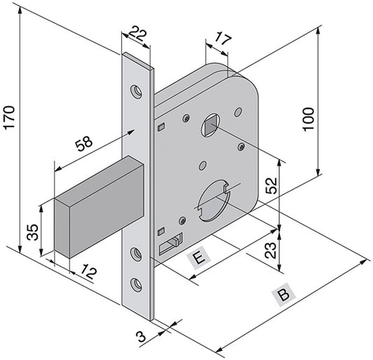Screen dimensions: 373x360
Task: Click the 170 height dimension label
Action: [x=10, y=117]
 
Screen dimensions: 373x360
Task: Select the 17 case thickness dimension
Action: [x=223, y=40]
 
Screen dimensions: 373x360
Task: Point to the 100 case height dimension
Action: [x=309, y=119]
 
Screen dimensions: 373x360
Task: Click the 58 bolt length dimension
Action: [x=84, y=143]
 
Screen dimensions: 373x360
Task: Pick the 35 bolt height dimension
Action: [x=32, y=232]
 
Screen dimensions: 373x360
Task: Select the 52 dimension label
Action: [x=272, y=185]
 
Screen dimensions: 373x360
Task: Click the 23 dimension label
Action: [x=271, y=250]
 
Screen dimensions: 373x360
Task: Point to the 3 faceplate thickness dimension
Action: [x=142, y=337]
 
